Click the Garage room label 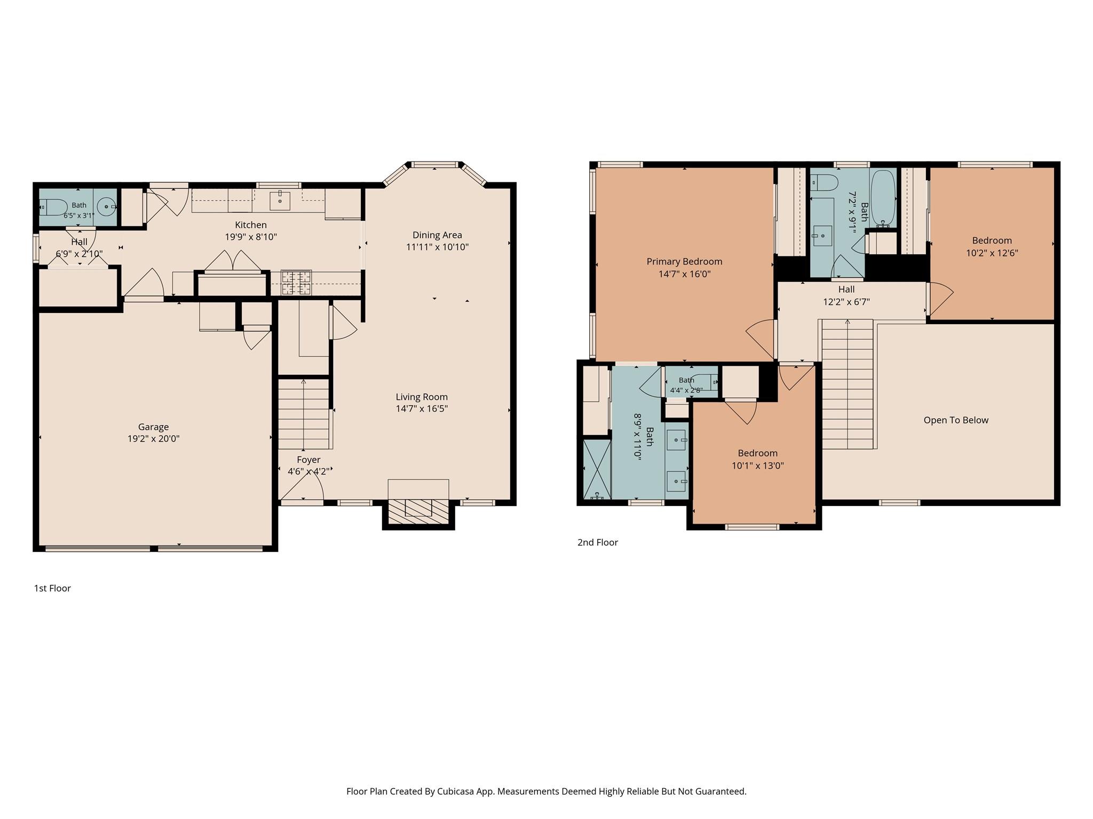(153, 427)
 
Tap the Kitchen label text (250, 225)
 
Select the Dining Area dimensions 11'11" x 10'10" (437, 247)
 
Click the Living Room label (422, 397)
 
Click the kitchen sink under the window (280, 201)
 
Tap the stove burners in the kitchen (296, 283)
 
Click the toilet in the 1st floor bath (53, 207)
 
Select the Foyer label (308, 460)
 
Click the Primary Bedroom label (684, 261)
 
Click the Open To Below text (956, 420)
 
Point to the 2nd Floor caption (598, 542)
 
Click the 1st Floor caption (52, 588)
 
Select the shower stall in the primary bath (597, 469)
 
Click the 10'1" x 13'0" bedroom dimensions (758, 465)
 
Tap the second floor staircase (847, 384)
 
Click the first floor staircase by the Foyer (304, 414)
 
